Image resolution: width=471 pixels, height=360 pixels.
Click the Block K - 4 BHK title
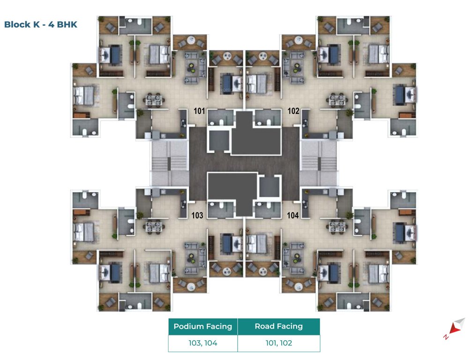pyautogui.click(x=40, y=24)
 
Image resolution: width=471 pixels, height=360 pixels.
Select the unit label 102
pyautogui.click(x=293, y=112)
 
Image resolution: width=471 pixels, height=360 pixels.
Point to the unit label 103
pyautogui.click(x=198, y=216)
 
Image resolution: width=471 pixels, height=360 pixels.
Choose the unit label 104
pyautogui.click(x=293, y=216)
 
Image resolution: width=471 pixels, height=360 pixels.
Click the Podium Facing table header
pyautogui.click(x=203, y=327)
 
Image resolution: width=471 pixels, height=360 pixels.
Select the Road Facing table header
pyautogui.click(x=279, y=327)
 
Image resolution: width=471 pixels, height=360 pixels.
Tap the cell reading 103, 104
pyautogui.click(x=203, y=343)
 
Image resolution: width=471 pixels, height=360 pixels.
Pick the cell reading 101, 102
pyautogui.click(x=279, y=343)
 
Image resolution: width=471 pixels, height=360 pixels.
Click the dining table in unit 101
pyautogui.click(x=155, y=100)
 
